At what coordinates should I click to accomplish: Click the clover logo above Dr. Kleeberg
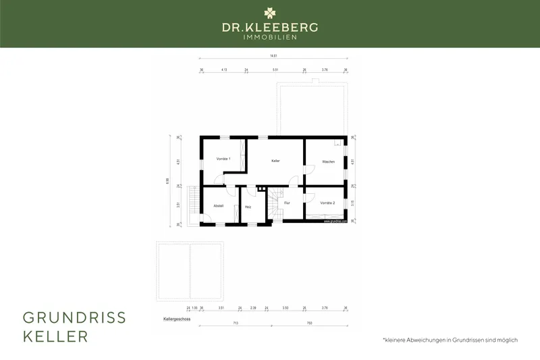tap(270, 13)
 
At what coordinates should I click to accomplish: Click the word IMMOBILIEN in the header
tap(270, 37)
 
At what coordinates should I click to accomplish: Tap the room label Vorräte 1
tap(223, 159)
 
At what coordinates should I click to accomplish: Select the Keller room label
tap(275, 161)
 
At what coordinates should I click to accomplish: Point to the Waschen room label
tap(328, 161)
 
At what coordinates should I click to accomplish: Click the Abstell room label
tap(218, 205)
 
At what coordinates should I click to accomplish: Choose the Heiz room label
tap(248, 206)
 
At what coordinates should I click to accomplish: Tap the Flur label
tap(287, 203)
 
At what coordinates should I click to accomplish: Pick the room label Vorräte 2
tap(327, 203)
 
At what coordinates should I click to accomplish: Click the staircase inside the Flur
tap(274, 205)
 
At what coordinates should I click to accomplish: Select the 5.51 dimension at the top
tap(275, 70)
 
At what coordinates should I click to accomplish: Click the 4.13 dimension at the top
tap(224, 70)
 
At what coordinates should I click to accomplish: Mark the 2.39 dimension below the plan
tap(253, 307)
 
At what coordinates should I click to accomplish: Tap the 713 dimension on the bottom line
tap(236, 323)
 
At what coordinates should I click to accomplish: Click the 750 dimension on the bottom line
tap(309, 323)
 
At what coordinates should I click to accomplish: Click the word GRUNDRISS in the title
tap(74, 318)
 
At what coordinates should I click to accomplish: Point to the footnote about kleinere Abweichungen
tap(450, 340)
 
